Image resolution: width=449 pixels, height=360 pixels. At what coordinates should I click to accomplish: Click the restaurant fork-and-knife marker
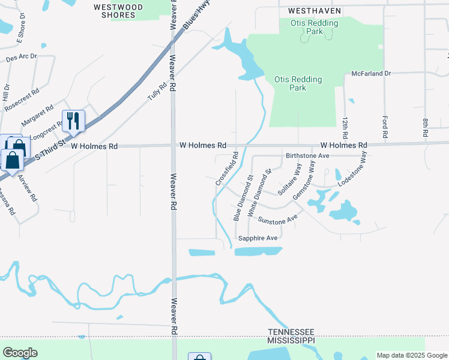73,121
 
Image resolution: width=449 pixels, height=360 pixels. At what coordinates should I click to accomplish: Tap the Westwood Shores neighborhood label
119,11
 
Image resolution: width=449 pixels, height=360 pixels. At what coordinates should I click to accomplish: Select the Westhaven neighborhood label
314,11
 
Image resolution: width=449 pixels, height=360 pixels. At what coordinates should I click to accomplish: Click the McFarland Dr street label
371,73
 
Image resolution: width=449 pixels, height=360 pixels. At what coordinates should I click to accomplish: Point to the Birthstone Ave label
307,155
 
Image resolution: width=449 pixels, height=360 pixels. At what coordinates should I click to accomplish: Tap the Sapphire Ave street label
258,238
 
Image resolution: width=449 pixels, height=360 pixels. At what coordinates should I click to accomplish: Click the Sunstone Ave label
277,220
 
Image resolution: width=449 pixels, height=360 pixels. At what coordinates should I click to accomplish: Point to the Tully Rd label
157,91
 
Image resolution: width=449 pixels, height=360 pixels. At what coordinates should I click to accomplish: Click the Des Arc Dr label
21,58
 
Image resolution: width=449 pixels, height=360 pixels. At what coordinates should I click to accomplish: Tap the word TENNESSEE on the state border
291,332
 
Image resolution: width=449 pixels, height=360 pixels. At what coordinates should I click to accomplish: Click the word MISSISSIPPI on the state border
291,340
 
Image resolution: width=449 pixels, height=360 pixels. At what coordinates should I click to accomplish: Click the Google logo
20,353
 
